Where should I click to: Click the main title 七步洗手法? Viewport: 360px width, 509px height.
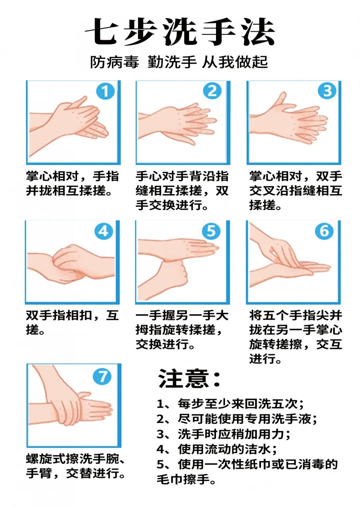click(180, 31)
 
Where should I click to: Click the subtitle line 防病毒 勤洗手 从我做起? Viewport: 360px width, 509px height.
click(179, 62)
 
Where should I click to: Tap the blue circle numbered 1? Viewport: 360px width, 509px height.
click(105, 91)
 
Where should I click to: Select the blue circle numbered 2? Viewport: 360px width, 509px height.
click(212, 91)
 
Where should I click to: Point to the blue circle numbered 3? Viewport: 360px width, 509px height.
click(327, 91)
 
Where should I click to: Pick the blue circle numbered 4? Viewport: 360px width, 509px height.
click(104, 231)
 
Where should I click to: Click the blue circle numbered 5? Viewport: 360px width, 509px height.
click(211, 231)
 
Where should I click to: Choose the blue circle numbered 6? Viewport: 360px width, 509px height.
click(324, 231)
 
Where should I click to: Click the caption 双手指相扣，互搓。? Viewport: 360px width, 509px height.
click(72, 322)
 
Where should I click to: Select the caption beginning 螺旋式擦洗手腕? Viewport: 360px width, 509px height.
click(75, 467)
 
